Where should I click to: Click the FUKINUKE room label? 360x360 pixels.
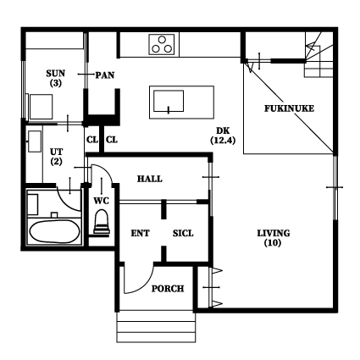(x=289, y=108)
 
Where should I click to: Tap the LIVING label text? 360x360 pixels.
(x=274, y=233)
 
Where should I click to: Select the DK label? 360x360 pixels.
(x=223, y=130)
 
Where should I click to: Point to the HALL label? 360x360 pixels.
(x=150, y=179)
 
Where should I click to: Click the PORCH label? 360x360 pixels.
(x=168, y=289)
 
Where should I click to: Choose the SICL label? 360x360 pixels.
(x=183, y=234)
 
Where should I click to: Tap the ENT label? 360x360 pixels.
(x=140, y=234)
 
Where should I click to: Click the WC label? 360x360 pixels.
(x=101, y=201)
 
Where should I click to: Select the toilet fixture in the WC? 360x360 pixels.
(x=102, y=222)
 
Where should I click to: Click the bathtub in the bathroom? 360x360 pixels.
(x=55, y=231)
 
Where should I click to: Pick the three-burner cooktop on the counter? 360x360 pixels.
(x=162, y=45)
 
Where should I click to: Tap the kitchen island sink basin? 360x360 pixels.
(x=169, y=101)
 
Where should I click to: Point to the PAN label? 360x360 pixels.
(x=105, y=75)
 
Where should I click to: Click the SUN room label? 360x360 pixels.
(x=56, y=74)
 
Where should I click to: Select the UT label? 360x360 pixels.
(x=56, y=152)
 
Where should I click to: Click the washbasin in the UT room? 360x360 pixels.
(x=35, y=141)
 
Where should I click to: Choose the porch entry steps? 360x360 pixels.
(x=156, y=327)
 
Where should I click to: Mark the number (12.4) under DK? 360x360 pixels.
(x=223, y=141)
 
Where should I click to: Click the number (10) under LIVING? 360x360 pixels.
(x=273, y=243)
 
